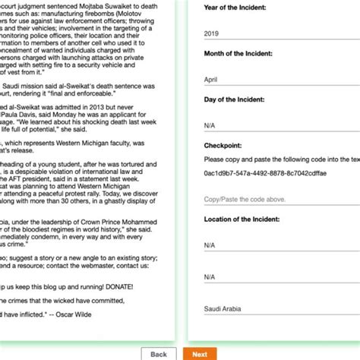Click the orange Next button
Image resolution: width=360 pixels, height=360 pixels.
[x=200, y=354]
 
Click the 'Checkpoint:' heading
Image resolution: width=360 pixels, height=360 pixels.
[x=223, y=145]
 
